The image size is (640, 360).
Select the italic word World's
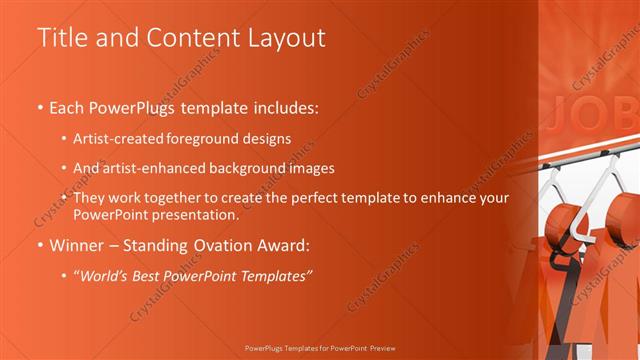pos(103,276)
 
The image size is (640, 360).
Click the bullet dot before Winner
pos(40,245)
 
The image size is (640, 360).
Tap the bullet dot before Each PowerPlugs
pos(40,106)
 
